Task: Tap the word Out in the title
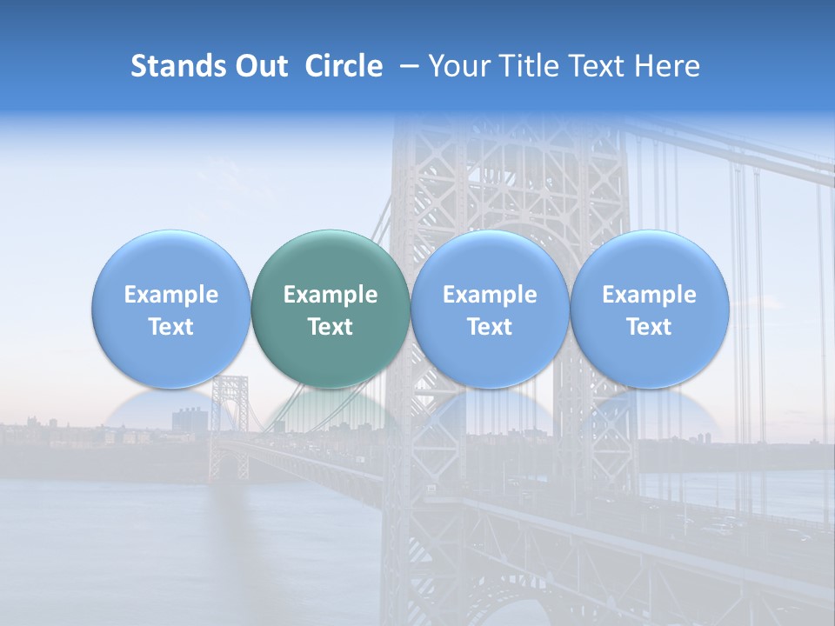click(x=261, y=66)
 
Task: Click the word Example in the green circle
click(x=331, y=295)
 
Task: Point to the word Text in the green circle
click(x=331, y=327)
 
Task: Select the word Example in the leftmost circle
click(x=170, y=295)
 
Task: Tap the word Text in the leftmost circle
click(x=170, y=327)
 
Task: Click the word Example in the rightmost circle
click(x=649, y=295)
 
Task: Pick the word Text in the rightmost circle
click(x=649, y=327)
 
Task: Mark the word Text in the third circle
click(x=490, y=327)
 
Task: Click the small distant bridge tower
click(x=229, y=426)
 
